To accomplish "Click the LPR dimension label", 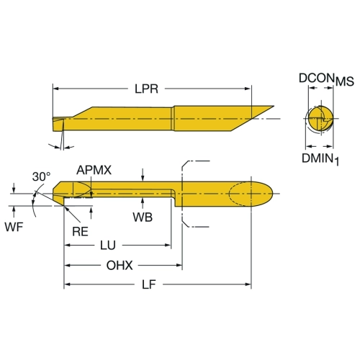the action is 146,89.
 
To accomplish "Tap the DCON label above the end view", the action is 317,78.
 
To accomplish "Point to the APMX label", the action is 94,170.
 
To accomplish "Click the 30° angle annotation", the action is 41,176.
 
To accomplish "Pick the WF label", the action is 14,227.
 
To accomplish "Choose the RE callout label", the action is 80,232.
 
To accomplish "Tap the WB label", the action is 143,217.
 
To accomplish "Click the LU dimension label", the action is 108,246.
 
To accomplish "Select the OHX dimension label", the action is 120,266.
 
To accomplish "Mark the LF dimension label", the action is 149,284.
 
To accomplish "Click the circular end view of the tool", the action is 320,119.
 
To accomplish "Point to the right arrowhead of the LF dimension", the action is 248,284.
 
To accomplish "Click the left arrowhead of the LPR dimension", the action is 55,89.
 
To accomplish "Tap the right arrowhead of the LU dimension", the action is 168,246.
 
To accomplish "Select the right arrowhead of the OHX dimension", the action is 179,266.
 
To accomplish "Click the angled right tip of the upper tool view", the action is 274,106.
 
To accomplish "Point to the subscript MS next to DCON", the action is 345,81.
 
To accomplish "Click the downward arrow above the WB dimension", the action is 143,174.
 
